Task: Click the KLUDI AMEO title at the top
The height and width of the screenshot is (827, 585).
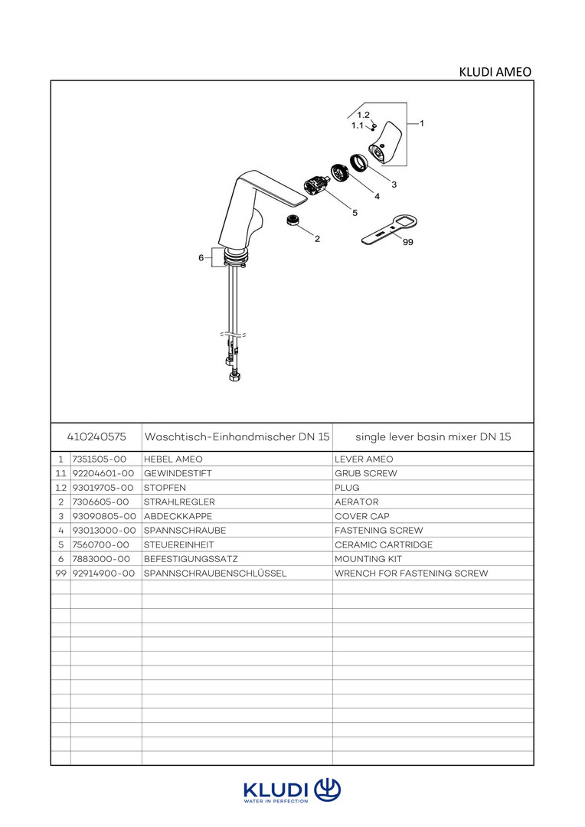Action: click(495, 72)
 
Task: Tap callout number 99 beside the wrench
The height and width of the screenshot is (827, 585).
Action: click(407, 242)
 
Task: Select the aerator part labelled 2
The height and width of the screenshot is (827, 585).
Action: click(291, 221)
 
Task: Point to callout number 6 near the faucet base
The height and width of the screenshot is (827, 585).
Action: click(201, 258)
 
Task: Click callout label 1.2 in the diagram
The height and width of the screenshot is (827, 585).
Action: click(364, 115)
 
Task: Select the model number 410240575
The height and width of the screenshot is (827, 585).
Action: click(96, 436)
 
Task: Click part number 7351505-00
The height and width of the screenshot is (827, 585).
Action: click(99, 459)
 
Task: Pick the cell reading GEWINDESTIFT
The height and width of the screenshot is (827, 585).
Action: click(178, 473)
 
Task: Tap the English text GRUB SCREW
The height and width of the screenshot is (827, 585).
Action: click(366, 473)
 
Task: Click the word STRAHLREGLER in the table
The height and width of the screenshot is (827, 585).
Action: click(179, 502)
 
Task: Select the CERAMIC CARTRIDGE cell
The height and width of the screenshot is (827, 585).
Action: click(384, 544)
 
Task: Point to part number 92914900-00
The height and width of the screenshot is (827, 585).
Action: click(103, 573)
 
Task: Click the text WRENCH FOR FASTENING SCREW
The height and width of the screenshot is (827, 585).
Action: click(411, 573)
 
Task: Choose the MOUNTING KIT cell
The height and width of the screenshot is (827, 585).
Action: click(368, 559)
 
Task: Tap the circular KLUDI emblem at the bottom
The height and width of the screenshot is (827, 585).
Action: click(328, 789)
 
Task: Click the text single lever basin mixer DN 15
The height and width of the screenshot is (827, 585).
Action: click(433, 436)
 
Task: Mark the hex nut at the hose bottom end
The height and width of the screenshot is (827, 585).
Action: click(234, 378)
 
